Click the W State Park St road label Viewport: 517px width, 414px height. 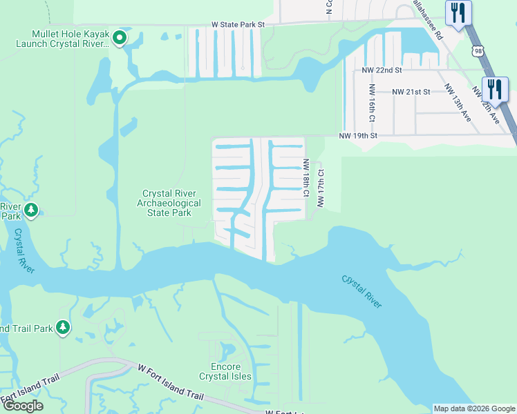(x=238, y=24)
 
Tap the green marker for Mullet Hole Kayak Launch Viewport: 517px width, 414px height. (x=120, y=39)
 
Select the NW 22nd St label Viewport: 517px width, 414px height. (x=378, y=70)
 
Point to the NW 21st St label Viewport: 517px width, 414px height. (x=411, y=91)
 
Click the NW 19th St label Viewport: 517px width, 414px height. (x=358, y=136)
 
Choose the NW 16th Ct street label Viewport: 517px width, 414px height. (x=372, y=103)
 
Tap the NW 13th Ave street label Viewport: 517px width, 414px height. (x=458, y=103)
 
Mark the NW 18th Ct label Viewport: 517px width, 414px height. (x=305, y=177)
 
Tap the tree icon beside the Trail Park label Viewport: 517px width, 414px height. (x=63, y=327)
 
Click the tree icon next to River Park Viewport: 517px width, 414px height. (x=30, y=210)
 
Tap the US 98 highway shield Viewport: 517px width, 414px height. (x=478, y=50)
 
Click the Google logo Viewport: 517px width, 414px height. (x=23, y=406)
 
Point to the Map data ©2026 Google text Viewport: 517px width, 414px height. (x=474, y=408)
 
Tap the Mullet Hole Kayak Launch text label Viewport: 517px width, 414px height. (x=70, y=39)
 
